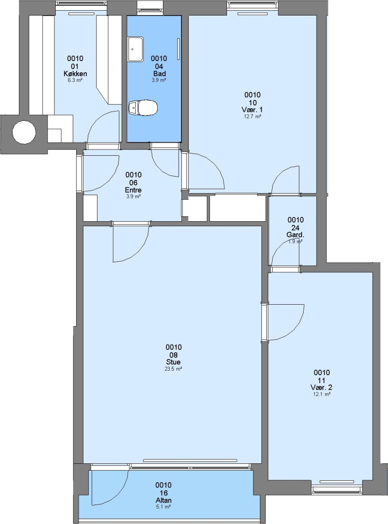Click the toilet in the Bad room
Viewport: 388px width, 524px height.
coord(143,108)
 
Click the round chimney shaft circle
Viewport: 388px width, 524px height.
coord(24,132)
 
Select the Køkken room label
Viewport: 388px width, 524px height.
coord(75,74)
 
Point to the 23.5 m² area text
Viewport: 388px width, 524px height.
coord(174,369)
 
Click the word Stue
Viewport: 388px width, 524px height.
coord(174,362)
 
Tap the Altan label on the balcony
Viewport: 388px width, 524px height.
coord(164,500)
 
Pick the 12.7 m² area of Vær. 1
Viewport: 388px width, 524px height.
coord(253,116)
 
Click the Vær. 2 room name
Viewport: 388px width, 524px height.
coord(321,387)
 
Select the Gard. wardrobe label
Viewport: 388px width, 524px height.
coord(295,235)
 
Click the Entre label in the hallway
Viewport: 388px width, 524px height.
coord(133,190)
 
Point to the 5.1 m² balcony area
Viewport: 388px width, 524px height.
coord(163,507)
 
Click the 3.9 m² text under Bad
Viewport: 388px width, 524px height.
coord(159,80)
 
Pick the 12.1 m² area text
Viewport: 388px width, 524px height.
coord(322,394)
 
